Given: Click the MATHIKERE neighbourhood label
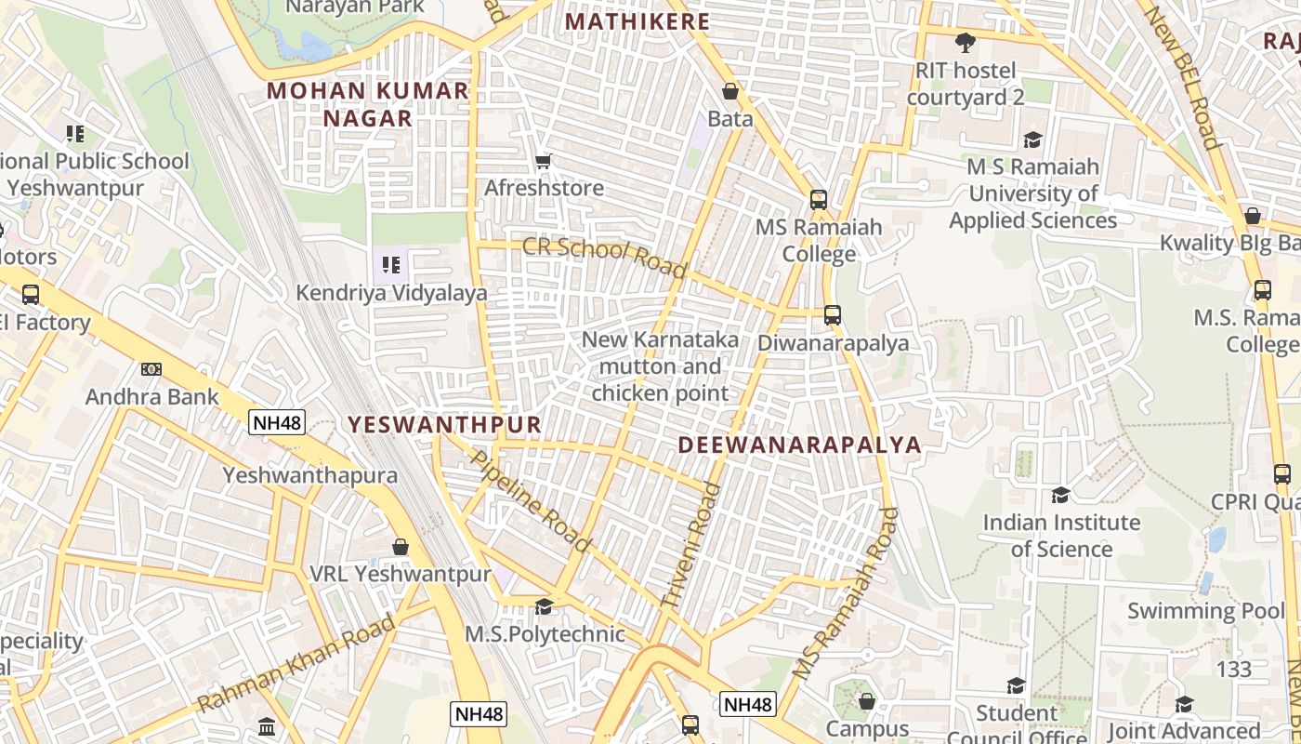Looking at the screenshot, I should coord(637,21).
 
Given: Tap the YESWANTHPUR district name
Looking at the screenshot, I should coord(444,425).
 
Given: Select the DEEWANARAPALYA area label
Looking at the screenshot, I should coord(799,445).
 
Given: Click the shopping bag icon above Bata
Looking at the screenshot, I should coord(730,91).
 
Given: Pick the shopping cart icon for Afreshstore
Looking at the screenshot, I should coord(544,161).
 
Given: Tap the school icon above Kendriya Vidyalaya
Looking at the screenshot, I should coord(391,265).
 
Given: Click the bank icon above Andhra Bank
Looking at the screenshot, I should coord(151,369).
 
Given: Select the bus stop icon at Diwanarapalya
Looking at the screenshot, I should coord(832,315).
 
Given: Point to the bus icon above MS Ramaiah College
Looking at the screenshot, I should coord(818,199).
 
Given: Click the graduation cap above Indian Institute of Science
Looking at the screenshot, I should coord(1060,495).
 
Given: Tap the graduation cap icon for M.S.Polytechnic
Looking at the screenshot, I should coord(544,606).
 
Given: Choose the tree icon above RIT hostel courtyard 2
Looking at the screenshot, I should coord(966,42).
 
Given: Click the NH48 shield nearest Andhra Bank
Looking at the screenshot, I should coord(277,423).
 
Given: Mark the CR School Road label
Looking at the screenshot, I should coord(604,258).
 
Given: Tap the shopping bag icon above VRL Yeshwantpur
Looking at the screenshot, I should coord(401,546).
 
